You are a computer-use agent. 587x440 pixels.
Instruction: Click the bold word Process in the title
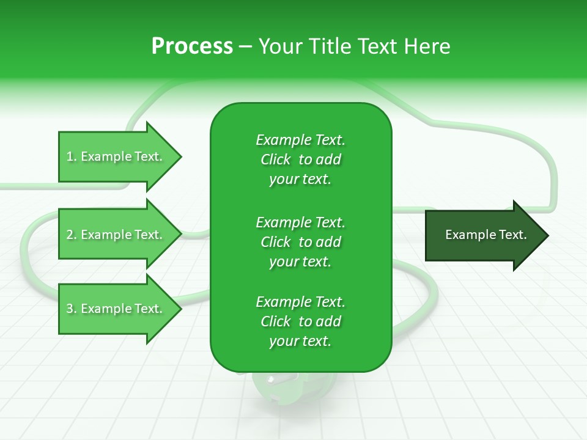pos(192,46)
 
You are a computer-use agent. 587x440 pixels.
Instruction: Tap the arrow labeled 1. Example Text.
pos(116,157)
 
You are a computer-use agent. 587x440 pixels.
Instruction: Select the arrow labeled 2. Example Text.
pos(116,235)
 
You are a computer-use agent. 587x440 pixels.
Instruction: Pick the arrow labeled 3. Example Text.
pos(116,309)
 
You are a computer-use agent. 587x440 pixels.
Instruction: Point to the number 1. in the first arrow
pos(72,157)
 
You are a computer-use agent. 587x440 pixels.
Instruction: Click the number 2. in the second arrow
pos(72,235)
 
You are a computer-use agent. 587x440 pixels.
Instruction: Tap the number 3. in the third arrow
pos(72,309)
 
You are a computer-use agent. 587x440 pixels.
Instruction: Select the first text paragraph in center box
pos(300,159)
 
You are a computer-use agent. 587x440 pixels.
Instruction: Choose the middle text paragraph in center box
pos(300,241)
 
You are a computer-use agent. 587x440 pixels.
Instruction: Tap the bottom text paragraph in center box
pos(300,321)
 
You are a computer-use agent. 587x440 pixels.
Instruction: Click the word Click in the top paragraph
pos(276,160)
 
